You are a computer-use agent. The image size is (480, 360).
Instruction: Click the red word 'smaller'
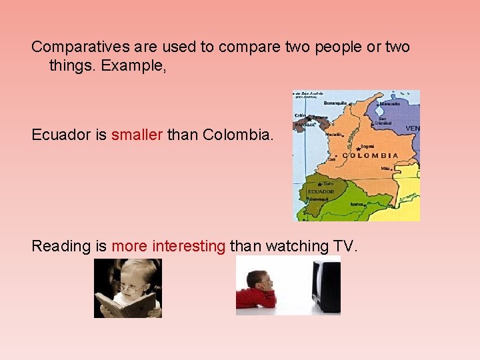pyautogui.click(x=137, y=135)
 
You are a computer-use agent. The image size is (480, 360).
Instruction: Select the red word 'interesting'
pyautogui.click(x=189, y=246)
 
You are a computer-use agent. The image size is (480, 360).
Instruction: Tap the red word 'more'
pyautogui.click(x=129, y=246)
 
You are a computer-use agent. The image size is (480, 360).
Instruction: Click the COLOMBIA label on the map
pyautogui.click(x=371, y=155)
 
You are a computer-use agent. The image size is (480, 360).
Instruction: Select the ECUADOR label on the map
pyautogui.click(x=321, y=191)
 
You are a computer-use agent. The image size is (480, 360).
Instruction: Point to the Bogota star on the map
pyautogui.click(x=359, y=148)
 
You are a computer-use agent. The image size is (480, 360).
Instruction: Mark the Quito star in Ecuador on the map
pyautogui.click(x=321, y=183)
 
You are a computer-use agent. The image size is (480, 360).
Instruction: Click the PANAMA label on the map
pyautogui.click(x=305, y=125)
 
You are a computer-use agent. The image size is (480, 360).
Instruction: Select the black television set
pyautogui.click(x=326, y=285)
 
